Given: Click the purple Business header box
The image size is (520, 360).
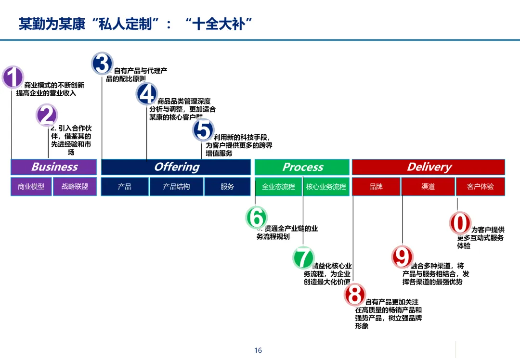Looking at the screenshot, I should (x=54, y=167).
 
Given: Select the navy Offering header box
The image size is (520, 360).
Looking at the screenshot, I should (x=176, y=167).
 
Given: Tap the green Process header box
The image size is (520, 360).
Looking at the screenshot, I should (x=302, y=167).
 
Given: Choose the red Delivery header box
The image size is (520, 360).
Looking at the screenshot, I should (x=429, y=167).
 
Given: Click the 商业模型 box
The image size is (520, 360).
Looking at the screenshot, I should (x=31, y=186).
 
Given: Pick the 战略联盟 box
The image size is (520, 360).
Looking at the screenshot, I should (x=75, y=186).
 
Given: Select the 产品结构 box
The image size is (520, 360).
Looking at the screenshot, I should (x=176, y=186).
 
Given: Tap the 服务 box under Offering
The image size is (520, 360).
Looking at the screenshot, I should (x=227, y=186).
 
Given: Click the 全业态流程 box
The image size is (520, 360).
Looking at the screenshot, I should (x=278, y=186).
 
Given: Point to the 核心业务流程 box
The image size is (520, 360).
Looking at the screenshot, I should (x=326, y=186).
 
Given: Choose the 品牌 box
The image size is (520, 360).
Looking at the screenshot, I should (x=376, y=186).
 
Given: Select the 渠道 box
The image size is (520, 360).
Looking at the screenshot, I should (x=428, y=186).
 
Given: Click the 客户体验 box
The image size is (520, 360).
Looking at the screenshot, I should (x=480, y=186).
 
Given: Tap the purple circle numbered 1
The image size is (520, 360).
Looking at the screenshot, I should (x=13, y=77).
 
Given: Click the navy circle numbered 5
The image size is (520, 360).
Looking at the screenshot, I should (x=204, y=130).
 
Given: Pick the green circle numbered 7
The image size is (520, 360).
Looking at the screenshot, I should (x=303, y=257).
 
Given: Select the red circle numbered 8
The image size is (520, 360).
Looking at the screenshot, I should (x=355, y=295).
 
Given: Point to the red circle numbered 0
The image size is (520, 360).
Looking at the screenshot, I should (x=460, y=223).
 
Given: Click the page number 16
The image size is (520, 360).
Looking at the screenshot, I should (x=258, y=350).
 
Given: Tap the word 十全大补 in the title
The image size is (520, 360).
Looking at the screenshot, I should (x=219, y=24).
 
